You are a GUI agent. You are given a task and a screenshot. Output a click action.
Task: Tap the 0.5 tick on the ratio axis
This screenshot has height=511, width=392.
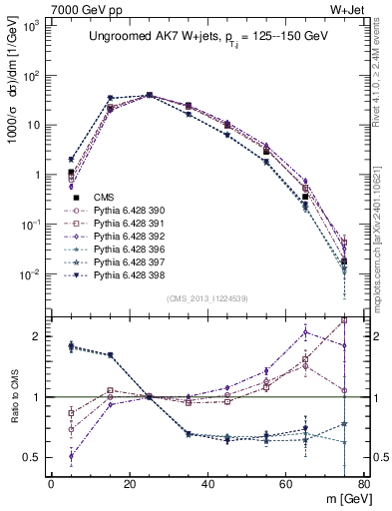coord(35,457)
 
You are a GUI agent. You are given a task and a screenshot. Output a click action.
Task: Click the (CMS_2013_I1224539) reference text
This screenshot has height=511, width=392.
coord(207,298)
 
